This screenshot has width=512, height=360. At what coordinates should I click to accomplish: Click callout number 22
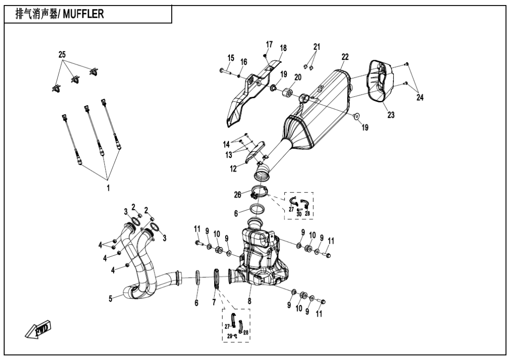(345, 57)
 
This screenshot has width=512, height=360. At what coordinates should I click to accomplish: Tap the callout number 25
(62, 55)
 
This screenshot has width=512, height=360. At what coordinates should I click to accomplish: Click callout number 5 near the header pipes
(110, 299)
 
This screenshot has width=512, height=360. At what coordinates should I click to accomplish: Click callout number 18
(283, 48)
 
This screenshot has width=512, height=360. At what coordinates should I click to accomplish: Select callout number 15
(231, 58)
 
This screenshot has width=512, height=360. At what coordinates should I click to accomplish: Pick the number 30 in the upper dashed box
(299, 213)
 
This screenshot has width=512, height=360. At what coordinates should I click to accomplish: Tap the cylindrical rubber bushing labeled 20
(286, 91)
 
